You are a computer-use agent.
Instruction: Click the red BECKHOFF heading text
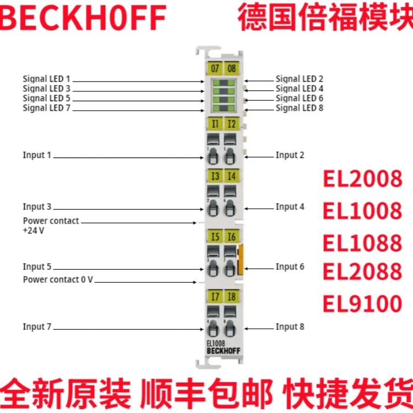(x=84, y=18)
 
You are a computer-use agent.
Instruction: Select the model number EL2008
(x=362, y=180)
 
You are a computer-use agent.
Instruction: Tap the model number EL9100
(x=362, y=303)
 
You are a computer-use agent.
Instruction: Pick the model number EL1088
(x=362, y=242)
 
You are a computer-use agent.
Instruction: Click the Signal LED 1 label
(x=47, y=79)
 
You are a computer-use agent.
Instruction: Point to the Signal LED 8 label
(x=300, y=108)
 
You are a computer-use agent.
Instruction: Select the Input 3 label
(x=37, y=206)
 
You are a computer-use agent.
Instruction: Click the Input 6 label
(x=290, y=267)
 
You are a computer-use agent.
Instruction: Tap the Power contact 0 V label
(x=58, y=280)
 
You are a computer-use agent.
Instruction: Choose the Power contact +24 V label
(x=51, y=225)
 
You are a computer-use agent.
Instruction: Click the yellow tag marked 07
(x=214, y=69)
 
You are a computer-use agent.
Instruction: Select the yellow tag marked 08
(x=232, y=69)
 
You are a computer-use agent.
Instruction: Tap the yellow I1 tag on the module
(x=214, y=124)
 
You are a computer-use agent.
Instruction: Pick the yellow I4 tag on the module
(x=232, y=176)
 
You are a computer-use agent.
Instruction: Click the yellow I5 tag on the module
(x=214, y=237)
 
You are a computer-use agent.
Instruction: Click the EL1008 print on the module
(x=216, y=343)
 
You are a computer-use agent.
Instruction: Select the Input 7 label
(x=37, y=327)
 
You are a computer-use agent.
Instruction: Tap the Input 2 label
(x=290, y=155)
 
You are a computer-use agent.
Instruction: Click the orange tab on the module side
(x=241, y=260)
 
